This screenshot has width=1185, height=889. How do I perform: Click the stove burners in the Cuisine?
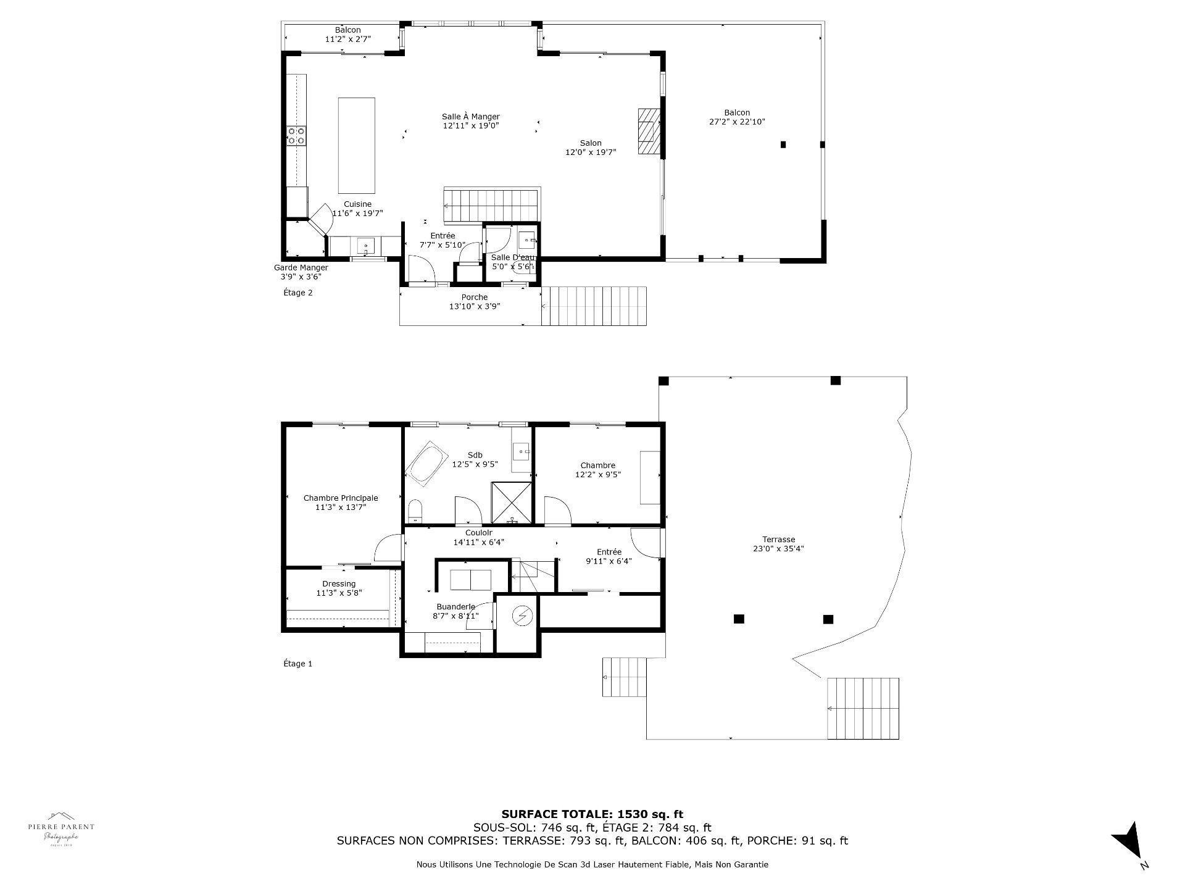click(296, 136)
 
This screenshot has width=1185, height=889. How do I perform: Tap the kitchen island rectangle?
click(356, 145)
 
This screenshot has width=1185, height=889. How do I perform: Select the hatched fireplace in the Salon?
click(649, 131)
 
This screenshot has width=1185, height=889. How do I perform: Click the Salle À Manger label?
click(470, 121)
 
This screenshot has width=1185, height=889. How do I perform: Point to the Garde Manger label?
click(301, 272)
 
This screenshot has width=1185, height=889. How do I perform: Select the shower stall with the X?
click(511, 502)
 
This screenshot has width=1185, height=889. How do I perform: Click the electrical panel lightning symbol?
click(522, 616)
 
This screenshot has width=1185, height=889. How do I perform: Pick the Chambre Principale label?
click(340, 503)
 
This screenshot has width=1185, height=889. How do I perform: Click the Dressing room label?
click(339, 588)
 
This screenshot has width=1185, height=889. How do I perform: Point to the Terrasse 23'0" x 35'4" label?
click(778, 544)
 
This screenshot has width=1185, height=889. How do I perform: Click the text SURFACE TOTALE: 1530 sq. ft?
click(592, 814)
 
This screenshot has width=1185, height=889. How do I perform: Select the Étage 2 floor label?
click(297, 293)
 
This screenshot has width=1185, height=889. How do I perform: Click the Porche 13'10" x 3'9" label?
click(474, 301)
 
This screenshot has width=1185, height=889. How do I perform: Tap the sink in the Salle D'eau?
click(527, 238)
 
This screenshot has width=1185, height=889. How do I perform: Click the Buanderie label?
click(455, 611)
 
